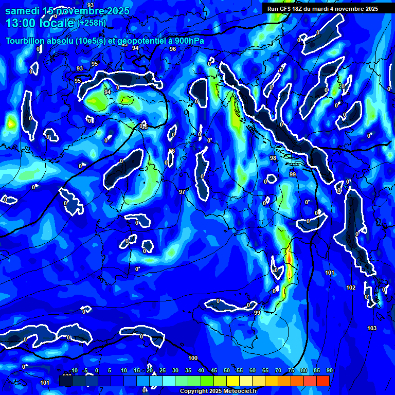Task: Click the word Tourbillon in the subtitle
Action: tap(26, 41)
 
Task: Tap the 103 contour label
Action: tap(372, 328)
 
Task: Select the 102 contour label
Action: tap(351, 288)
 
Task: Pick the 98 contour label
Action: tap(273, 158)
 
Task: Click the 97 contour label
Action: tap(182, 192)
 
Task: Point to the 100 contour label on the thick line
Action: tap(193, 358)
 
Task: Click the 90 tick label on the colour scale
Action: tap(330, 371)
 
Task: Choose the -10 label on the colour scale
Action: tap(74, 371)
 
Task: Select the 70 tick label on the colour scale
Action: tap(278, 371)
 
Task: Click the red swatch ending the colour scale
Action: tap(323, 381)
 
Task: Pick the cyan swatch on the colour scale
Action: tap(169, 381)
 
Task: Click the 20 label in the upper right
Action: tap(342, 86)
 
